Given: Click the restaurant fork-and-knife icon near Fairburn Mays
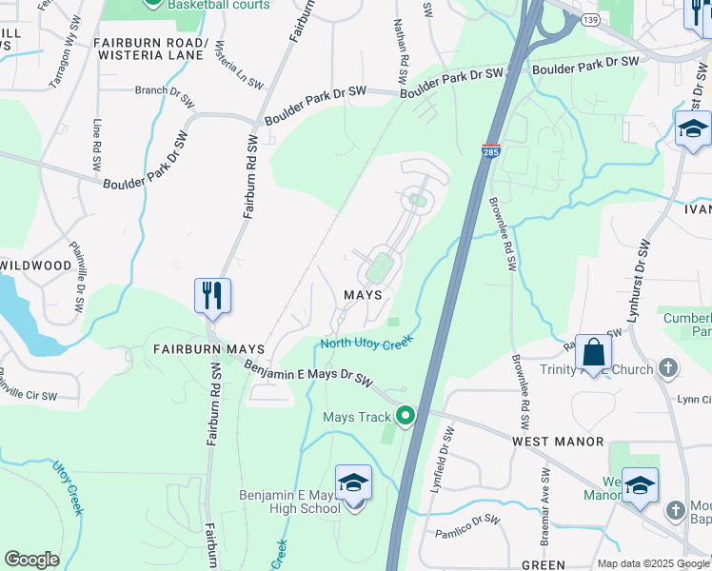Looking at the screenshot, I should click(x=212, y=295).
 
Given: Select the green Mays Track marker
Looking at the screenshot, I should click(x=406, y=416).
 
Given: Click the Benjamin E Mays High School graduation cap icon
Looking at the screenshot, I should click(x=353, y=484).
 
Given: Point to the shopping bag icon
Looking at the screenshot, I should click(x=593, y=352).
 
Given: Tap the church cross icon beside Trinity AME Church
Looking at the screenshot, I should click(x=668, y=368).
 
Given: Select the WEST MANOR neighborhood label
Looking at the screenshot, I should click(x=558, y=442).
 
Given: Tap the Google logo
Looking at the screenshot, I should click(x=31, y=560).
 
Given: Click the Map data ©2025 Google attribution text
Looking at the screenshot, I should click(x=652, y=563).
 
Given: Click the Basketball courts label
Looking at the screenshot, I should click(x=219, y=5).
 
